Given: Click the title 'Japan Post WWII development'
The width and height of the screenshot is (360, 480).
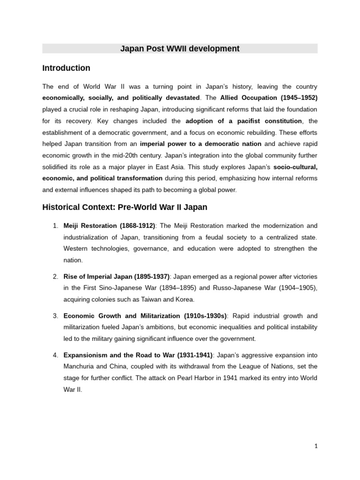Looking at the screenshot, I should tap(180, 49).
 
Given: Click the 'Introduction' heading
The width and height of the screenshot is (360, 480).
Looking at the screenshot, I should tap(66, 68).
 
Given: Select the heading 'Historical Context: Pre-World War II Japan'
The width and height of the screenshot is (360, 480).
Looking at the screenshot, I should tap(125, 207).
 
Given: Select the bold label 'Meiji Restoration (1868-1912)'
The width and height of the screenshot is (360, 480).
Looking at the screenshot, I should tap(109, 226).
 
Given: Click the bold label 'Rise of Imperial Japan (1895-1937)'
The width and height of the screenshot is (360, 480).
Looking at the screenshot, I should tap(117, 277).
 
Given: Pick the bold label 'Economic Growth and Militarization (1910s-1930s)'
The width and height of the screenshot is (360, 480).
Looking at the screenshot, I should tap(145, 315).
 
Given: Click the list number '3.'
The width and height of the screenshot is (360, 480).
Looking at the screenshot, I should tap(55, 315).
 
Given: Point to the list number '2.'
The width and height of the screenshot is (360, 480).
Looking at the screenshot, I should tap(55, 277).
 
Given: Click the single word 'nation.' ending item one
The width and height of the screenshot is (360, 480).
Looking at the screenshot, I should tap(73, 260).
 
